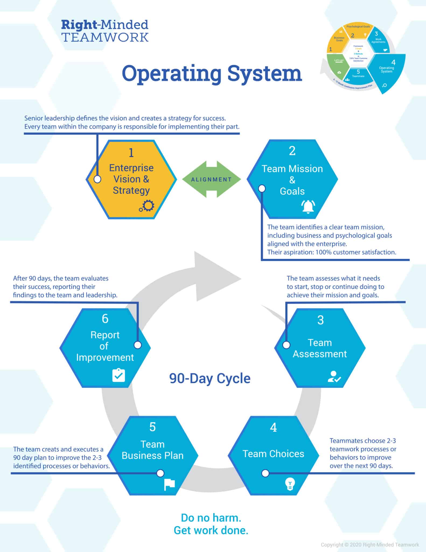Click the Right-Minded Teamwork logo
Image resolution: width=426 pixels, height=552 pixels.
tap(105, 31)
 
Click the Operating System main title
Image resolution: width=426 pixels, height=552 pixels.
tap(212, 73)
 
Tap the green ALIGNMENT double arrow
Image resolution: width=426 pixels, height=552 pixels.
tap(211, 179)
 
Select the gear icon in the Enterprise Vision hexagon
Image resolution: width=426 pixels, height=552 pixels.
tap(147, 206)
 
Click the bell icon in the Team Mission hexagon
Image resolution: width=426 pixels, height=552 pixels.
tap(308, 207)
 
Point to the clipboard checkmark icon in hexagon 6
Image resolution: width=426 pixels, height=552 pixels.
tap(118, 375)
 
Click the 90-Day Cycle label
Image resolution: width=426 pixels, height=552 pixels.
tap(210, 378)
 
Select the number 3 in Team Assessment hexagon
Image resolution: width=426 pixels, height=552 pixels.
tap(320, 320)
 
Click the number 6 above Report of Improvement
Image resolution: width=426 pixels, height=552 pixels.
tap(105, 319)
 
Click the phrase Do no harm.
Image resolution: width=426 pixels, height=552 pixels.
tap(211, 517)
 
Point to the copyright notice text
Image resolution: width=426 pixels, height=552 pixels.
tap(370, 545)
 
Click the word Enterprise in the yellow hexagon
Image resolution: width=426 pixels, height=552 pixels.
tap(131, 168)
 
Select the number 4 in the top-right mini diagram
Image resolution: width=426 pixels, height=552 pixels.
tap(393, 63)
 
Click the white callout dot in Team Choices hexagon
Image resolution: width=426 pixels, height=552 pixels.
tap(265, 473)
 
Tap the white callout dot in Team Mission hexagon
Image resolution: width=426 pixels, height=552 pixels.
tap(262, 188)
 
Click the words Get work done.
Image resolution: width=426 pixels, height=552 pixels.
tap(211, 530)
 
